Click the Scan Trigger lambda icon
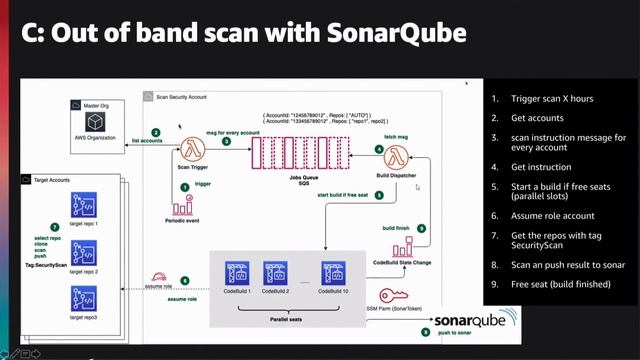(x=193, y=152)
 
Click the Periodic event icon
(x=184, y=205)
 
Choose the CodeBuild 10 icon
(x=334, y=273)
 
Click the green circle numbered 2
(x=156, y=132)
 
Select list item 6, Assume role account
(x=552, y=215)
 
